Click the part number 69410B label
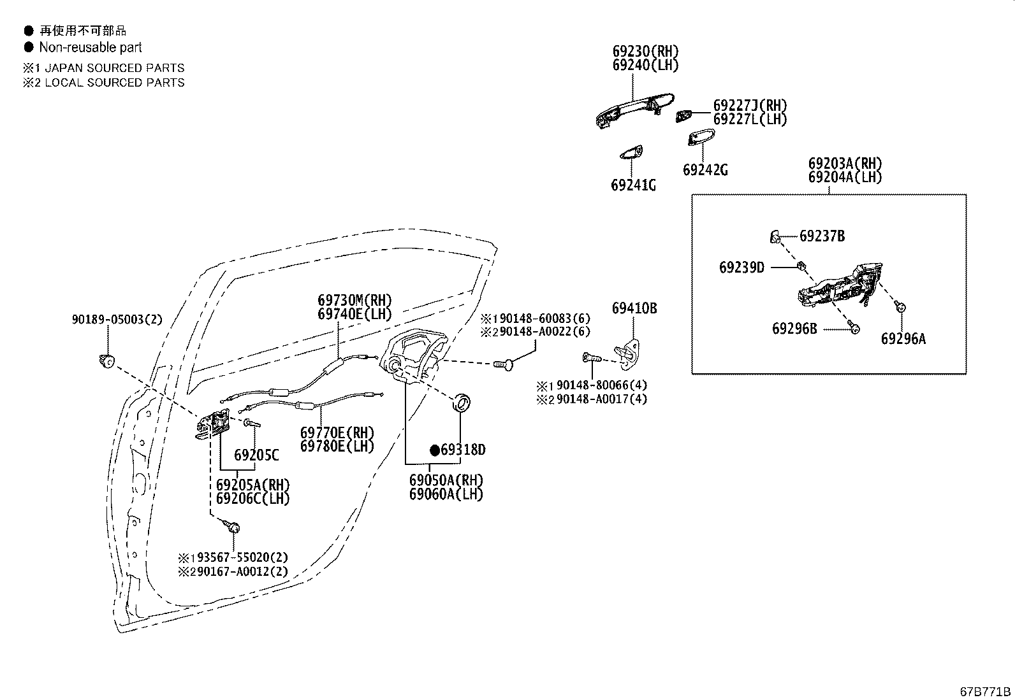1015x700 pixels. [634, 308]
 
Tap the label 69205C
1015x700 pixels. [256, 455]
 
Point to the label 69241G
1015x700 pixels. [632, 185]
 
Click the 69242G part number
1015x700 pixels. [705, 170]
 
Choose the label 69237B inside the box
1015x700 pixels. [822, 236]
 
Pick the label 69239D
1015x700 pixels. [741, 268]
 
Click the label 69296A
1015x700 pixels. [903, 339]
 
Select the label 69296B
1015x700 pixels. [794, 329]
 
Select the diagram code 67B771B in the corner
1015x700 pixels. [985, 692]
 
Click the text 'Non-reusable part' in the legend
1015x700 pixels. [90, 47]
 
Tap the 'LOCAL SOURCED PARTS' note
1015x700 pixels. [114, 83]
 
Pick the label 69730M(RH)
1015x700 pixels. [354, 300]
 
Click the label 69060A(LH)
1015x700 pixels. [446, 494]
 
